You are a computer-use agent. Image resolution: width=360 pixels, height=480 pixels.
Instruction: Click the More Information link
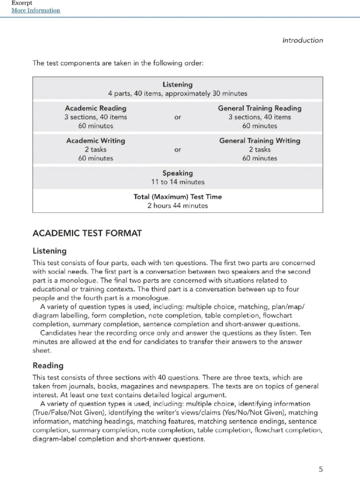[x=36, y=10]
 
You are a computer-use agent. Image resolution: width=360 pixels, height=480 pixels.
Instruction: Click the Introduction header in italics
[x=302, y=40]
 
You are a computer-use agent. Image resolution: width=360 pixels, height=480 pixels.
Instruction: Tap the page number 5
[x=321, y=469]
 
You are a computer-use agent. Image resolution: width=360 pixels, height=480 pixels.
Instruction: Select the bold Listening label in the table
[x=177, y=85]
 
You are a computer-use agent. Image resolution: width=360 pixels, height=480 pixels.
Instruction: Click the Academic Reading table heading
[x=96, y=108]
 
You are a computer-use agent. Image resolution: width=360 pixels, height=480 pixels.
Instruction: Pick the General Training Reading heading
[x=260, y=108]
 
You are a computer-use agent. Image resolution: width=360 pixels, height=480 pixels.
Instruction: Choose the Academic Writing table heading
[x=96, y=141]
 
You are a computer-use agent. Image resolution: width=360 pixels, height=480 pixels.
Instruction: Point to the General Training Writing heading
[x=260, y=141]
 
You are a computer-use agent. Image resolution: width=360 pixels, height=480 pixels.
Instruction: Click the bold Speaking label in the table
[x=177, y=173]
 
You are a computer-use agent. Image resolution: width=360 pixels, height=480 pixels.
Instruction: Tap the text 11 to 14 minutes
[x=178, y=182]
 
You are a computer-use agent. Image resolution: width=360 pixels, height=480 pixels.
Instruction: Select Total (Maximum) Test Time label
[x=178, y=197]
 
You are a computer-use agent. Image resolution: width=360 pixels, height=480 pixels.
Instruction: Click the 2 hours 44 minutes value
[x=178, y=206]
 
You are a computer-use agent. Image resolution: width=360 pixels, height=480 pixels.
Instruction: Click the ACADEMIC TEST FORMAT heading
[x=87, y=233]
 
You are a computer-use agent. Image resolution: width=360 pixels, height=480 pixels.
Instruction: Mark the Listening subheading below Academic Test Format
[x=49, y=251]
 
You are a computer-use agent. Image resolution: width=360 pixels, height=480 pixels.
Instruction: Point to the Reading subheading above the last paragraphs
[x=48, y=366]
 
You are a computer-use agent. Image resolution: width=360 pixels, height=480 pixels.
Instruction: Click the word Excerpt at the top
[x=22, y=3]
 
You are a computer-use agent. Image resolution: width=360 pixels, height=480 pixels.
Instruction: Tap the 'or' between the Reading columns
[x=178, y=117]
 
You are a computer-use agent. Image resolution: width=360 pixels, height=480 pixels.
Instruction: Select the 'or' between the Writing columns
[x=178, y=150]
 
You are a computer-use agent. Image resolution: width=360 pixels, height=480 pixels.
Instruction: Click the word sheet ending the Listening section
[x=42, y=351]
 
